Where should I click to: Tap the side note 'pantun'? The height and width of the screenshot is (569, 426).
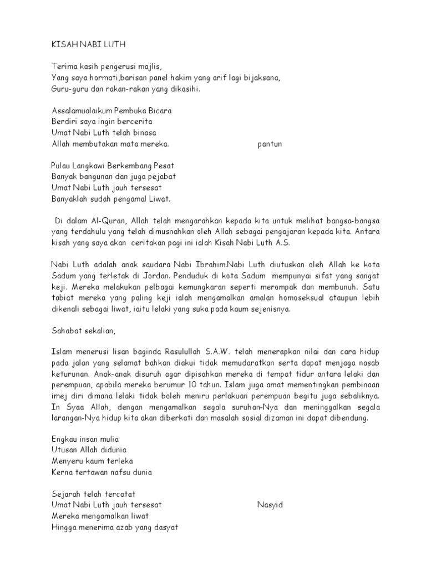click(x=270, y=144)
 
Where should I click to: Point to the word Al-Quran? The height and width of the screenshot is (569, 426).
click(x=106, y=220)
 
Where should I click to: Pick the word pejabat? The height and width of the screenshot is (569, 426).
click(x=161, y=176)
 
